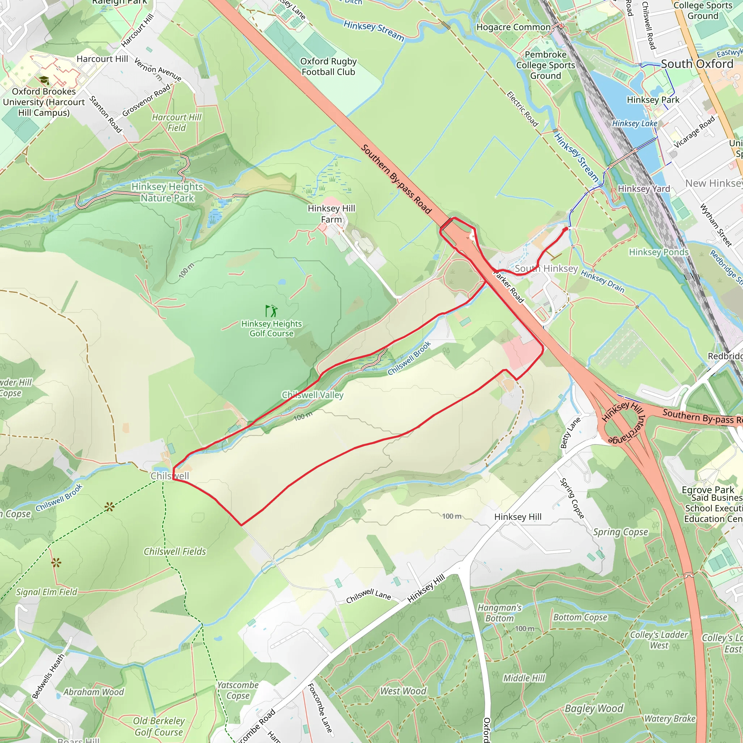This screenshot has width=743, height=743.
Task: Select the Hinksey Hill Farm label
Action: [331, 214]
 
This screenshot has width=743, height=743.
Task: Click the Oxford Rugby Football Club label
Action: [328, 66]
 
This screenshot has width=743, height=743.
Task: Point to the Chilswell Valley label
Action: [312, 395]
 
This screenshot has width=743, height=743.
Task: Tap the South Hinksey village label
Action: [546, 268]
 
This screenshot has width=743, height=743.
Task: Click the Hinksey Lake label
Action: [635, 123]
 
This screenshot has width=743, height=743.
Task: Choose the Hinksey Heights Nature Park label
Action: [167, 192]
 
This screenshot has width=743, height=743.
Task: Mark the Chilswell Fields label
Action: [175, 551]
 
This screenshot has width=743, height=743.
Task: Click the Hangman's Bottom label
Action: [499, 613]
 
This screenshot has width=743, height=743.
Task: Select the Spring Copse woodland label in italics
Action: [620, 532]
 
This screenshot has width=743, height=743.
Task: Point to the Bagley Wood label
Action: [594, 709]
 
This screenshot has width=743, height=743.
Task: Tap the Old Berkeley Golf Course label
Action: [159, 726]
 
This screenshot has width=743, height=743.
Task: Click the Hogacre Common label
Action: [513, 27]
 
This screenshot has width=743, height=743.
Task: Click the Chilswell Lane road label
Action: [369, 596]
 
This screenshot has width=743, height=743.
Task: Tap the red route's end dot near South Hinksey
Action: [565, 229]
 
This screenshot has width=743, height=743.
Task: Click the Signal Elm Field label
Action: [46, 592]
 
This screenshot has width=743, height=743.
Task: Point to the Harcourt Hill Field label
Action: [177, 122]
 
